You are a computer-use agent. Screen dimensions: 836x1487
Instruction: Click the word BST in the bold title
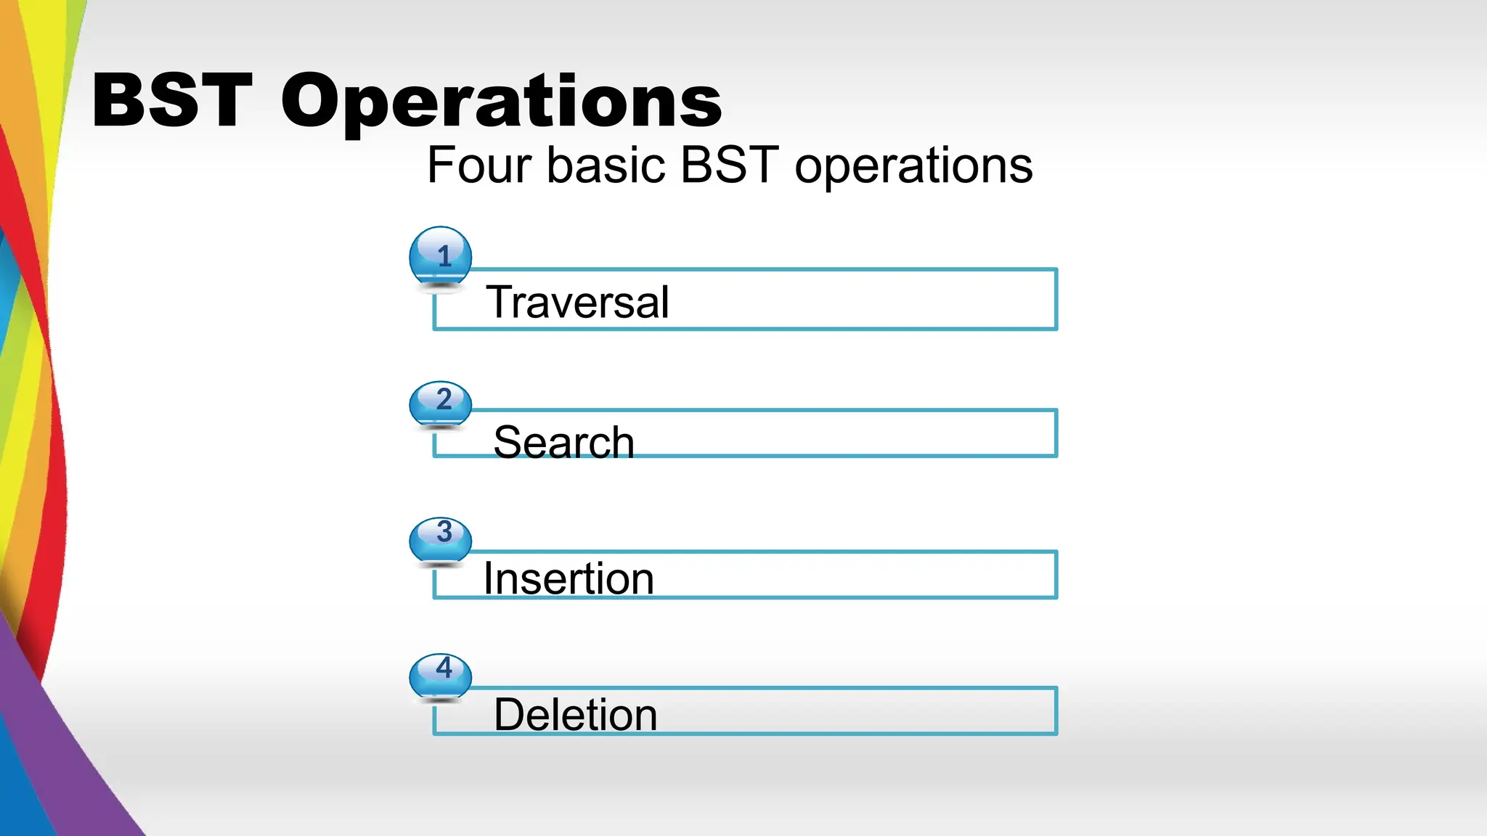coord(172,101)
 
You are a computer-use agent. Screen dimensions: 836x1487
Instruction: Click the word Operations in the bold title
coord(501,102)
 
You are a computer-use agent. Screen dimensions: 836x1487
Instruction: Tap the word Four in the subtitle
coord(479,165)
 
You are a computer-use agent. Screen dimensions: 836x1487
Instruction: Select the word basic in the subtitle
coord(606,165)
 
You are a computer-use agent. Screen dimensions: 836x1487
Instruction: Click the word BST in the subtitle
coord(730,165)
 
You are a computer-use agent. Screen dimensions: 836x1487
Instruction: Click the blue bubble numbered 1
coord(441,256)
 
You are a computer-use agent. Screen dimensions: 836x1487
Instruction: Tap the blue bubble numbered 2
coord(441,402)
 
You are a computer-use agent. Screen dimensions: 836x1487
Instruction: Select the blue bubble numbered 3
coord(441,538)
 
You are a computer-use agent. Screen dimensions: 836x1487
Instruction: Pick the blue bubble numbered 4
coord(441,674)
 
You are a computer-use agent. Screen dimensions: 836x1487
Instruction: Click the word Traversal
coord(577,302)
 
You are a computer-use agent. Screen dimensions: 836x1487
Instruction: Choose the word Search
coord(563,442)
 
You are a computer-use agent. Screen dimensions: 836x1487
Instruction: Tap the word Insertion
coord(569,578)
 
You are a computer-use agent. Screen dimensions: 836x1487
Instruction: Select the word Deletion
coord(575,715)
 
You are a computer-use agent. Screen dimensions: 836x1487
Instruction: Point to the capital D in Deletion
coord(509,715)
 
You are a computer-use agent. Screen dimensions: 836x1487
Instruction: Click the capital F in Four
coord(441,165)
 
